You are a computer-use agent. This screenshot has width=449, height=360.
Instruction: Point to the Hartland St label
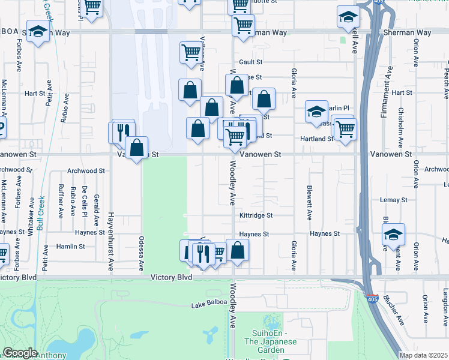(317, 139)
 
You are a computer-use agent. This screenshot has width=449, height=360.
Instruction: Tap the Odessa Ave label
(143, 256)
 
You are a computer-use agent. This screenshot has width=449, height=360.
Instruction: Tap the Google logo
(20, 353)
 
